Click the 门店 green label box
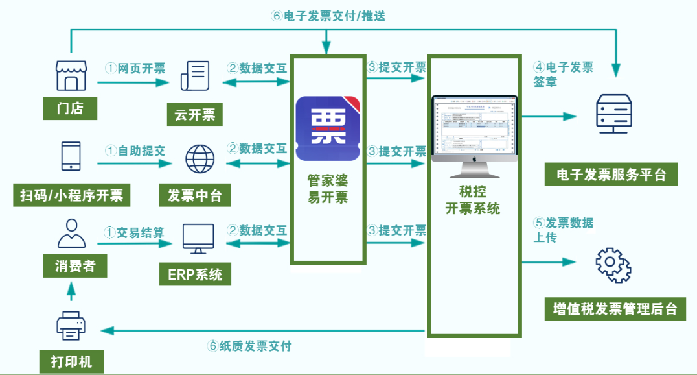click(70, 108)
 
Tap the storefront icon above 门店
click(71, 76)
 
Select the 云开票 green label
click(195, 115)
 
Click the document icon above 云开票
click(195, 77)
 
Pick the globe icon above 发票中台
click(200, 158)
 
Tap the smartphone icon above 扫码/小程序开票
click(71, 157)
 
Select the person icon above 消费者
click(71, 234)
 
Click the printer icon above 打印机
click(71, 326)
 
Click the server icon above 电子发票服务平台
click(613, 114)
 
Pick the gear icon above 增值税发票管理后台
click(613, 265)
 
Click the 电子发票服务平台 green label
click(611, 175)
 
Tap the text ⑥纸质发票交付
click(254, 346)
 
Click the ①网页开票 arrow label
click(135, 68)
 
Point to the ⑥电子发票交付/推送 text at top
click(328, 16)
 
